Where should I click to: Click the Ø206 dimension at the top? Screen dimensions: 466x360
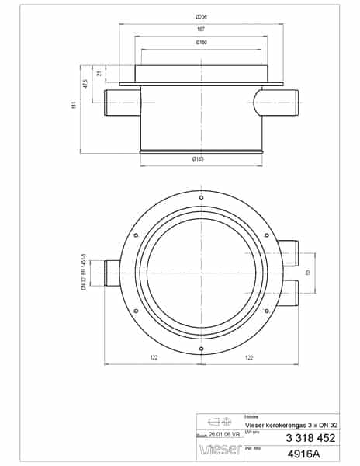pyautogui.click(x=201, y=17)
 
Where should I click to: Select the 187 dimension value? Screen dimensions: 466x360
pyautogui.click(x=201, y=30)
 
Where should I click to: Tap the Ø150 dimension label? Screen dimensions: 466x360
pyautogui.click(x=201, y=42)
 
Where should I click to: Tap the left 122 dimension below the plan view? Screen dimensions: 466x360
pyautogui.click(x=154, y=360)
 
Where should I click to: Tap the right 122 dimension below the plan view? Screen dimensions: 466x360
pyautogui.click(x=249, y=360)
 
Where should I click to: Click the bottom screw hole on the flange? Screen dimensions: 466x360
pyautogui.click(x=202, y=349)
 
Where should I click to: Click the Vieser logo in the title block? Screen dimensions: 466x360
pyautogui.click(x=215, y=449)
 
